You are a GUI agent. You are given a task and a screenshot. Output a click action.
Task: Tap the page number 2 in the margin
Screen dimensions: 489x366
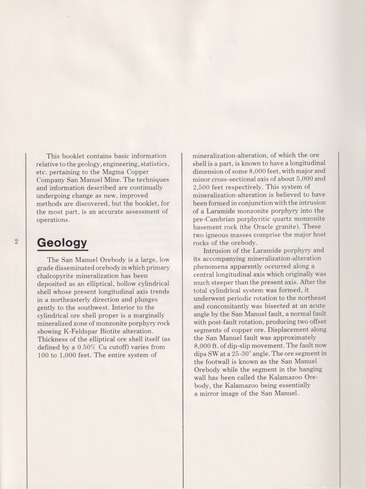(x=16, y=241)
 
